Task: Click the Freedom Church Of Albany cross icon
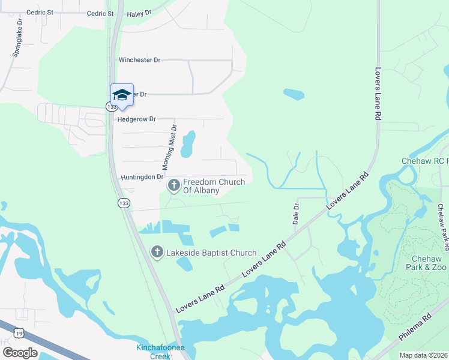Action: [x=174, y=186]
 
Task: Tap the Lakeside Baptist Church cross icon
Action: [x=157, y=253]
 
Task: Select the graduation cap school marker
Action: [x=122, y=95]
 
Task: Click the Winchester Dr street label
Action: [x=140, y=60]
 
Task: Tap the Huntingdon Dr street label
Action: [x=142, y=177]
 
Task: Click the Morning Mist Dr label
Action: [x=170, y=147]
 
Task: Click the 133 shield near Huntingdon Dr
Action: [x=123, y=203]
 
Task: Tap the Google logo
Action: [x=19, y=353]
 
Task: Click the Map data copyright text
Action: [x=424, y=355]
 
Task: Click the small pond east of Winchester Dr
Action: [x=293, y=94]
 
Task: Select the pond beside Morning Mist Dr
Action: [x=188, y=144]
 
